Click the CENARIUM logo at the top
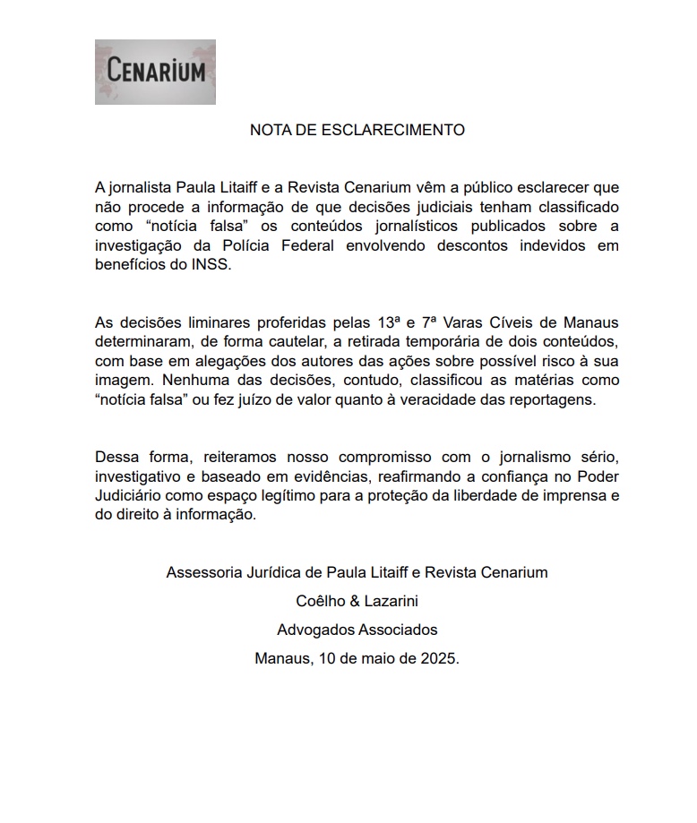pyautogui.click(x=155, y=72)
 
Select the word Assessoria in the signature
pyautogui.click(x=202, y=572)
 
